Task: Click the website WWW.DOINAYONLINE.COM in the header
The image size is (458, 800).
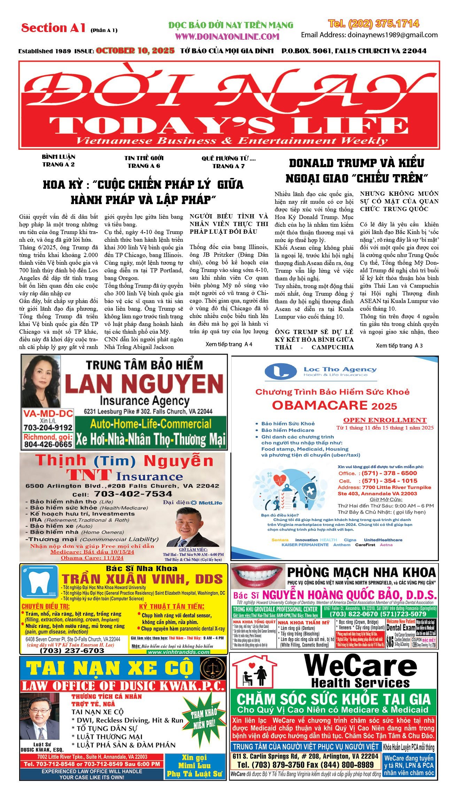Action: [x=227, y=37]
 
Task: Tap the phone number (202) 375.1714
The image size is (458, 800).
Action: [x=373, y=24]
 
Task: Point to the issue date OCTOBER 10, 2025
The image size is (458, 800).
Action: [x=135, y=51]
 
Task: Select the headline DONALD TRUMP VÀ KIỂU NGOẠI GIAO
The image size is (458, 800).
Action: [x=356, y=171]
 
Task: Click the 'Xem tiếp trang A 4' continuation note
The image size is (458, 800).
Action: [x=229, y=344]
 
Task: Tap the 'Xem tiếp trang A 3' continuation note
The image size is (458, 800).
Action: [x=399, y=345]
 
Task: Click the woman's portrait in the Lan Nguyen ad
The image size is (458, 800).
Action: [x=41, y=382]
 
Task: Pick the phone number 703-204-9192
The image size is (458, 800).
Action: [x=48, y=427]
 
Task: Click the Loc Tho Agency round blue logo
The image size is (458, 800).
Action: [x=281, y=372]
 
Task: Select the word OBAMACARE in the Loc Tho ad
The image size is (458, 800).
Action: [x=315, y=405]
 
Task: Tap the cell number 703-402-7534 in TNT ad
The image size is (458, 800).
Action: [x=133, y=494]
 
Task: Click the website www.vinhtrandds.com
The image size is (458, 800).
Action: [x=179, y=652]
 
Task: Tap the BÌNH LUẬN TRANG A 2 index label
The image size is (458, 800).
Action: [x=59, y=161]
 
